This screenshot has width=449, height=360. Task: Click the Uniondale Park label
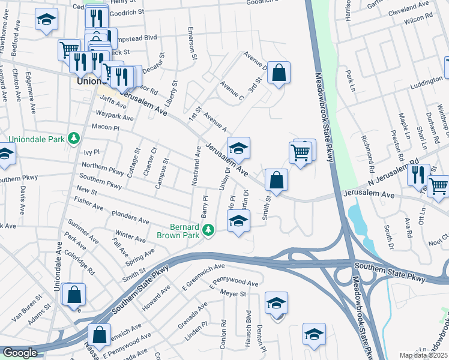[34, 139]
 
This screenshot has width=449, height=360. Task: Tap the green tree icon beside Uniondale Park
[74, 139]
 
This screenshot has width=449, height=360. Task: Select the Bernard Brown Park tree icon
[208, 230]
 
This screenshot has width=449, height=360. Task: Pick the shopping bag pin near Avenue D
[279, 73]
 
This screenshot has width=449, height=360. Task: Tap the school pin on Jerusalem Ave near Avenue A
[238, 148]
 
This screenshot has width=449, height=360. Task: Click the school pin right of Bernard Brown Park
[238, 221]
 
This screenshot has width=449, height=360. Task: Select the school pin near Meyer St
[276, 303]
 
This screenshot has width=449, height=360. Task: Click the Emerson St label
[193, 44]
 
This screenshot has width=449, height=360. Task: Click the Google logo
[20, 353]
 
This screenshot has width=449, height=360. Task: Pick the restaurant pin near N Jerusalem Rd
[418, 175]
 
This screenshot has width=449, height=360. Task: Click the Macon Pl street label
[106, 128]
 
